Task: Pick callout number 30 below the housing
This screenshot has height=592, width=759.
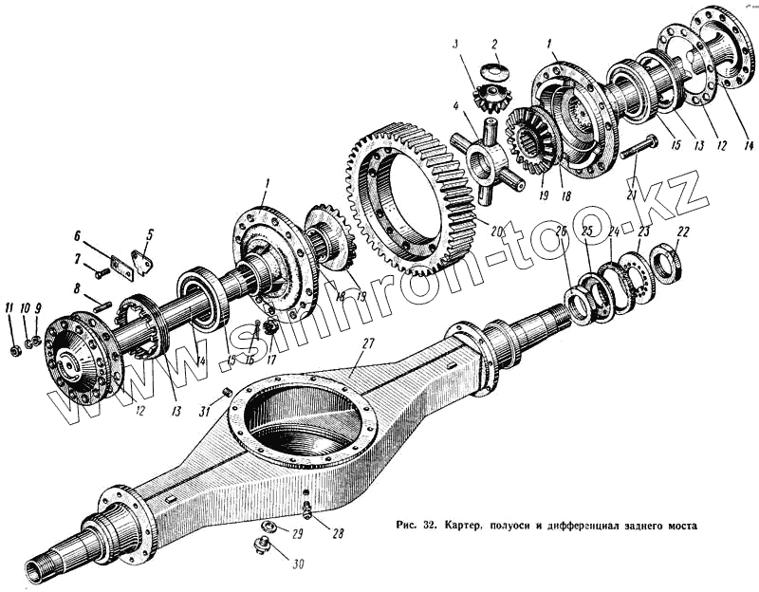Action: pos(301,564)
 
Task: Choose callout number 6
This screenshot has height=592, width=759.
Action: pos(80,234)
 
